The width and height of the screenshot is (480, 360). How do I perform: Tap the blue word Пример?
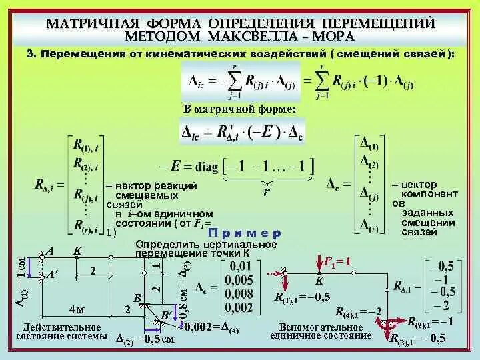click(x=245, y=233)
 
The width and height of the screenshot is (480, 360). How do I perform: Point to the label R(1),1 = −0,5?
click(x=301, y=297)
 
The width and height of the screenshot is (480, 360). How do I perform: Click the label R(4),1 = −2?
click(x=357, y=311)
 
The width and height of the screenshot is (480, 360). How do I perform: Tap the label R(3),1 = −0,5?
click(x=418, y=338)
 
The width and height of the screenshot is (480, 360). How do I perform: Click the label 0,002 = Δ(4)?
click(x=212, y=326)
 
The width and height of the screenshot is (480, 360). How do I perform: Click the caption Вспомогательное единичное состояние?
click(x=321, y=331)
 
